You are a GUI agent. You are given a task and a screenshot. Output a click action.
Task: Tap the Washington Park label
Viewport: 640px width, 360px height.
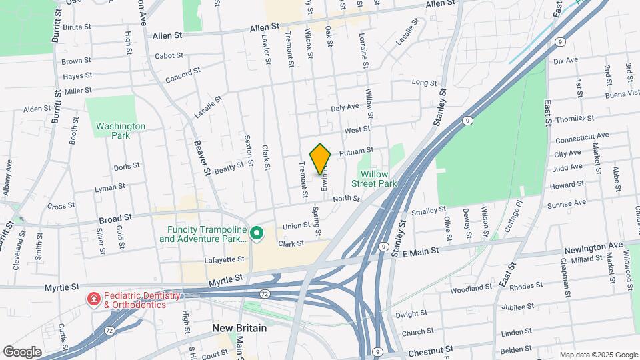120,130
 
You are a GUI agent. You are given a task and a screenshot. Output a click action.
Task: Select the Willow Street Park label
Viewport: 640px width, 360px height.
374,178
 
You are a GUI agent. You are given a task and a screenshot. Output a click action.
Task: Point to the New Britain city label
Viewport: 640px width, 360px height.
239,328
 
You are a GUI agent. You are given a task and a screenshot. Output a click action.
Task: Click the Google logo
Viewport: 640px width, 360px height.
22,351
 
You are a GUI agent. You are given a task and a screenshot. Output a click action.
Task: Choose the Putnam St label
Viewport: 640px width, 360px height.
355,153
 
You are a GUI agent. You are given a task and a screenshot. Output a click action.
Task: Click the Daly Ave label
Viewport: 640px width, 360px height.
345,107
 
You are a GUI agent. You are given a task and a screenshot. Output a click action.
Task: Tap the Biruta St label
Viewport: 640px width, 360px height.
78,27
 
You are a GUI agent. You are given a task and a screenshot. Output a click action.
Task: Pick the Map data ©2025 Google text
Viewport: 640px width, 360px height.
598,355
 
